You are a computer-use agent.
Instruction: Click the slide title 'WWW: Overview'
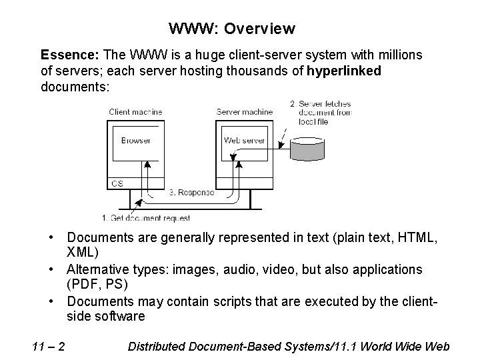pos(231,29)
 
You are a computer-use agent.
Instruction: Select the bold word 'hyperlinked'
pos(344,71)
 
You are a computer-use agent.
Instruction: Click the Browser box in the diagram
pos(135,141)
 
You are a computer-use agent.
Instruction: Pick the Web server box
pos(244,141)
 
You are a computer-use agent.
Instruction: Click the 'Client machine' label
pos(135,112)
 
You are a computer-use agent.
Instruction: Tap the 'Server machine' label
pos(244,112)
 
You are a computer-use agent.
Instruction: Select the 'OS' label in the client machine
pos(117,182)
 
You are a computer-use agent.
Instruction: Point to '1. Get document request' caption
pos(146,218)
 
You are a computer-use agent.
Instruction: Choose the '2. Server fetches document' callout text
pos(321,113)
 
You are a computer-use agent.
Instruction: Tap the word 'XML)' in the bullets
pos(83,252)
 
